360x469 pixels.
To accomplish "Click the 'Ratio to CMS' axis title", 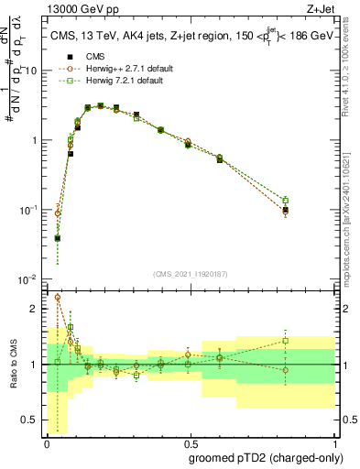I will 12,365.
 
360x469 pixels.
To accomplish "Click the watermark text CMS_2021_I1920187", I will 190,274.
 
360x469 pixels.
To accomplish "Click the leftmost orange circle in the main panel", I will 58,213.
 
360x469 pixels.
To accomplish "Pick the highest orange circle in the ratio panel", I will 58,298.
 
